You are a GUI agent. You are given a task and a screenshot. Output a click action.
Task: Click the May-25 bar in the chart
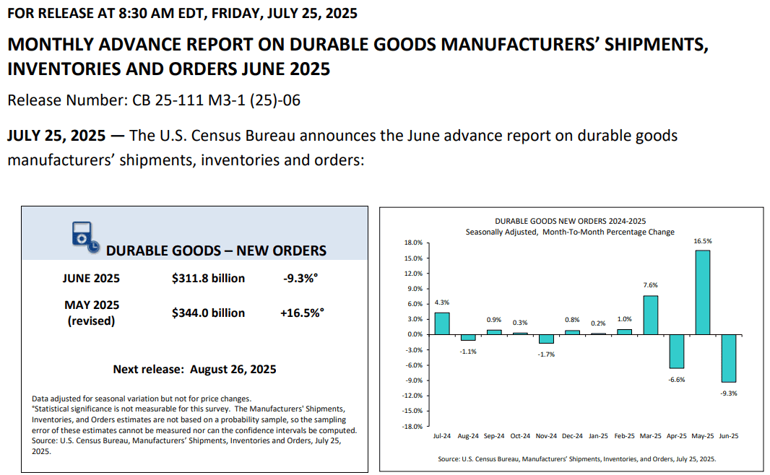(x=702, y=292)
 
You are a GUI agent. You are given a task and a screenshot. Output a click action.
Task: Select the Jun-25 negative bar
(x=728, y=358)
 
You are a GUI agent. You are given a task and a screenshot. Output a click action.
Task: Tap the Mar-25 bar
(x=650, y=315)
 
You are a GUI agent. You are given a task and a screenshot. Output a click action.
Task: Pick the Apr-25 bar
(x=676, y=352)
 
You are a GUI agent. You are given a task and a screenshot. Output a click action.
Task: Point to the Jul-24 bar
(x=442, y=323)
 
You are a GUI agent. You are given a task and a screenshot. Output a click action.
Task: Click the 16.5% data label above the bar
(x=703, y=241)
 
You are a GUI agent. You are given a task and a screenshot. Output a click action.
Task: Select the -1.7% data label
(x=546, y=354)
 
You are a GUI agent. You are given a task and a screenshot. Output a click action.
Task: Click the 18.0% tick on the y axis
(x=413, y=243)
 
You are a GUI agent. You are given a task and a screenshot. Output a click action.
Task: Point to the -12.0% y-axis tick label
(x=412, y=396)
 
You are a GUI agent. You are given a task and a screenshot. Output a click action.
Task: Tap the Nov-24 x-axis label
(x=546, y=436)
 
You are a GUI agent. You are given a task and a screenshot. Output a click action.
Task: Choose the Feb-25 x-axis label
(x=624, y=436)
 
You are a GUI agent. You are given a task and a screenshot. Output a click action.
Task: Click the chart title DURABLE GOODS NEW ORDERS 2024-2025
(x=570, y=222)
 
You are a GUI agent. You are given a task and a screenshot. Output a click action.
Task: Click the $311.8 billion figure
(x=208, y=278)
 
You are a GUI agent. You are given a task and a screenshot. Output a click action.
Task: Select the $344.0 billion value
(x=208, y=313)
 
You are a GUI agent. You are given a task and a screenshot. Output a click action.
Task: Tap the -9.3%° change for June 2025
(x=300, y=278)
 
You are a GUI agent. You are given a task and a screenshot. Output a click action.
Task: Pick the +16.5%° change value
(x=302, y=313)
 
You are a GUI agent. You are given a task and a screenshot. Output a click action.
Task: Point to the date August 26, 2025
(x=233, y=369)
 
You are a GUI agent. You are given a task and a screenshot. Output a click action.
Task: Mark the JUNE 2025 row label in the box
(x=91, y=278)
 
